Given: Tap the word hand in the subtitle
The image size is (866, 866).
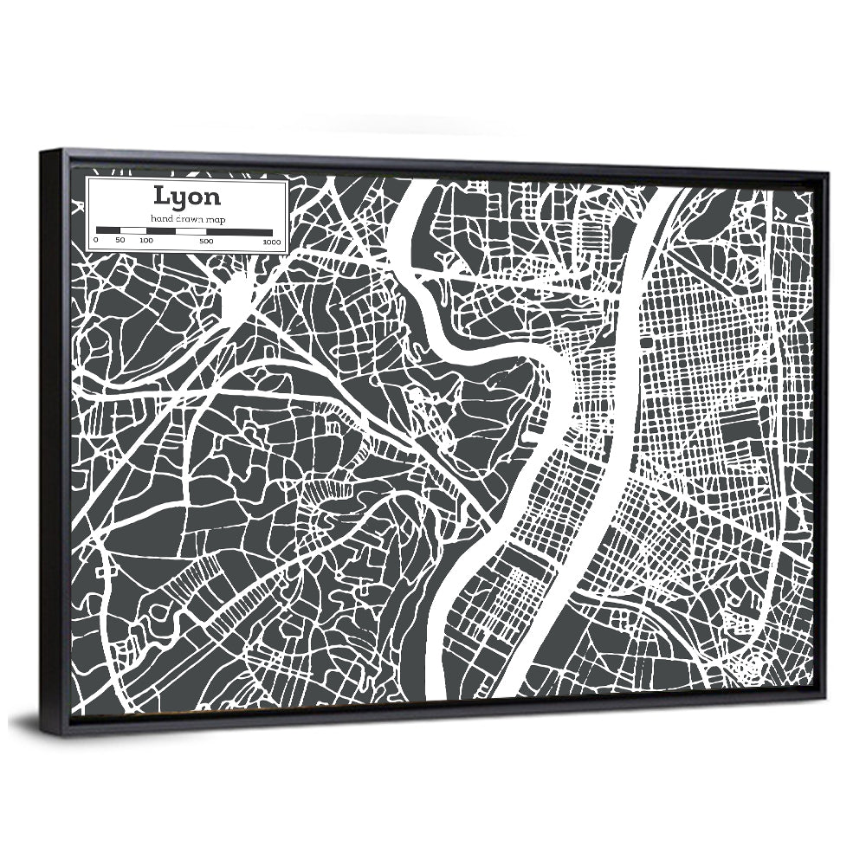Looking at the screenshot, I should tap(162, 219).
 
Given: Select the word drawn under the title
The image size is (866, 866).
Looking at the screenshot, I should tap(190, 219).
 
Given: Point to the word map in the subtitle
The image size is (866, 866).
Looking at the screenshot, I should tap(216, 219).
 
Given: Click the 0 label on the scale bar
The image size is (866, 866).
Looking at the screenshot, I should tap(96, 240).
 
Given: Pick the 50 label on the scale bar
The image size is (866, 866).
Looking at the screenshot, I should tap(120, 240).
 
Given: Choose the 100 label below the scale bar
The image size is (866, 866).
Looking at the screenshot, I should tap(145, 240).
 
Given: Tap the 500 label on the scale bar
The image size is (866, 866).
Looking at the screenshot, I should tap(206, 240).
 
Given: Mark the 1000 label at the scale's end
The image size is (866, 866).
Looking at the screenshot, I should tap(273, 242).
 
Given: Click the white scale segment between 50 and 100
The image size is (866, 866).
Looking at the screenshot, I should tap(132, 231).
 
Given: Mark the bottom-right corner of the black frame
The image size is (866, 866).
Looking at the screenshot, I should tap(824, 701).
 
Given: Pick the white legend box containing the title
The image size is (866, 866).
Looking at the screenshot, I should tap(187, 215).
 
